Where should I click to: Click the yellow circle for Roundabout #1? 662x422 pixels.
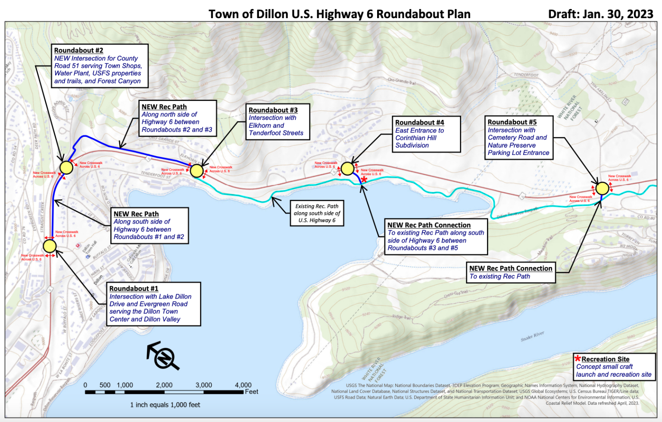tap(50, 246)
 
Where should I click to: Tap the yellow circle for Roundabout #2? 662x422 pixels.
tap(66, 167)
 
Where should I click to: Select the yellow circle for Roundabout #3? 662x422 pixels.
tap(197, 171)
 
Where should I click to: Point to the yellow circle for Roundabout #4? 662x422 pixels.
tap(347, 168)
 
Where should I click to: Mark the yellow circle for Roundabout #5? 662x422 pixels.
tap(602, 188)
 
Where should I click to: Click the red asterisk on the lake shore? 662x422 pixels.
tap(364, 180)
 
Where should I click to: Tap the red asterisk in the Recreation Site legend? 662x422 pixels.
tap(578, 359)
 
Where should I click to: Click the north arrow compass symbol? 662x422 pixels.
tap(163, 356)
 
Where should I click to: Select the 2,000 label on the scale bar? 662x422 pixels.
tap(164, 385)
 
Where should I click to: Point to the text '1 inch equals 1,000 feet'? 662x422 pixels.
tap(165, 405)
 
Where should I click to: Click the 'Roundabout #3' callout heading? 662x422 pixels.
tap(273, 110)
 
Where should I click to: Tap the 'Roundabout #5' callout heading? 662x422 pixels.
tap(512, 122)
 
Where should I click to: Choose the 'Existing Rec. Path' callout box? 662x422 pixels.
tap(317, 213)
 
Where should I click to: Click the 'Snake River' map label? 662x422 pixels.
tap(532, 336)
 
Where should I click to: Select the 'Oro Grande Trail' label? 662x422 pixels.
tap(402, 81)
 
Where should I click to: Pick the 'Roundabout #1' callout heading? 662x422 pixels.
tap(134, 288)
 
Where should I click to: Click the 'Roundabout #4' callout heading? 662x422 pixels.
tap(419, 123)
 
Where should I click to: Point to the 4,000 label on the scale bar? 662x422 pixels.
tap(243, 385)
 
